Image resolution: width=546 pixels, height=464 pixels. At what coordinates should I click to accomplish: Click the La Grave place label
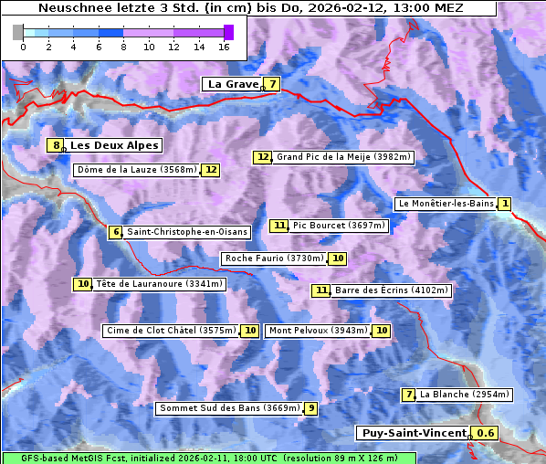click(x=233, y=84)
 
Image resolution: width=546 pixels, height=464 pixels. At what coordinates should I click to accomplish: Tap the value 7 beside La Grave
click(x=272, y=84)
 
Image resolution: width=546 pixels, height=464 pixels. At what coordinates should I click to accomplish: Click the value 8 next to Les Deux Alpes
click(x=57, y=145)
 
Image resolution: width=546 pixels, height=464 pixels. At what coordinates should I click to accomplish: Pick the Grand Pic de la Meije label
click(x=344, y=157)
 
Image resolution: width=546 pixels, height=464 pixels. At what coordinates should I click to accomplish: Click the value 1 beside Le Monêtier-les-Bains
click(x=505, y=203)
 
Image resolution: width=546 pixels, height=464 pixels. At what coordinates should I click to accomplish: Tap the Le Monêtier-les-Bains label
click(x=446, y=203)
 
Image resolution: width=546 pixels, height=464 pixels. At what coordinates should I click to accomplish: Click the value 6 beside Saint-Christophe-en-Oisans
click(x=115, y=232)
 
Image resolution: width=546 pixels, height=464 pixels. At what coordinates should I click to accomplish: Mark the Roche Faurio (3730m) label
click(x=275, y=258)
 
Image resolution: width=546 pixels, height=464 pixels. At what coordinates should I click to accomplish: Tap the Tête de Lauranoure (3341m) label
click(x=159, y=284)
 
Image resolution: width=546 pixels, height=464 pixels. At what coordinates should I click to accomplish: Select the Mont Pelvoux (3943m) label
click(x=319, y=331)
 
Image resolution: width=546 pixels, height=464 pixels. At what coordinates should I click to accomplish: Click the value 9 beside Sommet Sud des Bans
click(x=311, y=408)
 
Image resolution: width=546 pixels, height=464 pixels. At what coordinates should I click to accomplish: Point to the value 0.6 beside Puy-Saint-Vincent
click(x=487, y=433)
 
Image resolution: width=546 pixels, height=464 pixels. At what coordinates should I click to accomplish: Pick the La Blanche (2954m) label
click(x=464, y=395)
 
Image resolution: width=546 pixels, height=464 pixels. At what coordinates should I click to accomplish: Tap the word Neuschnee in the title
click(x=69, y=8)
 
